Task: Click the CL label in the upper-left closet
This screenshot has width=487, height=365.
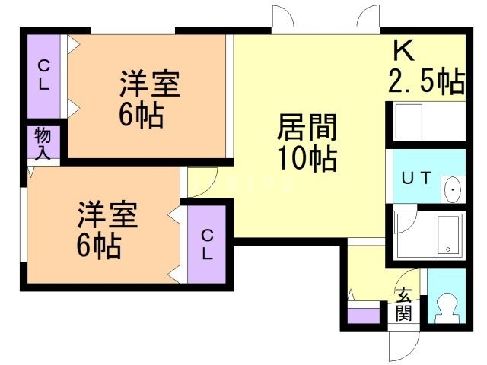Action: pos(44,75)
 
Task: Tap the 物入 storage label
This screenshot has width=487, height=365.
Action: pos(43,144)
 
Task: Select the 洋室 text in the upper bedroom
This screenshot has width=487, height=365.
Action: pos(149,84)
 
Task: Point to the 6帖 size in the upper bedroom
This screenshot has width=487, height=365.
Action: pos(141,115)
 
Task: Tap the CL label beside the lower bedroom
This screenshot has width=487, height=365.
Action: pos(208,245)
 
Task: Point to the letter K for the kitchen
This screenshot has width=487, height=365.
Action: pos(404,52)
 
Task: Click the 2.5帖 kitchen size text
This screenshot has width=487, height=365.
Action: pos(425,81)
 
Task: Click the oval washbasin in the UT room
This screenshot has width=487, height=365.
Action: pos(454,187)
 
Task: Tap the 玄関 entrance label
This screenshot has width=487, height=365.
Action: pos(403,304)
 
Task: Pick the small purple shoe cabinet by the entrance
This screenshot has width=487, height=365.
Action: pos(363,313)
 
